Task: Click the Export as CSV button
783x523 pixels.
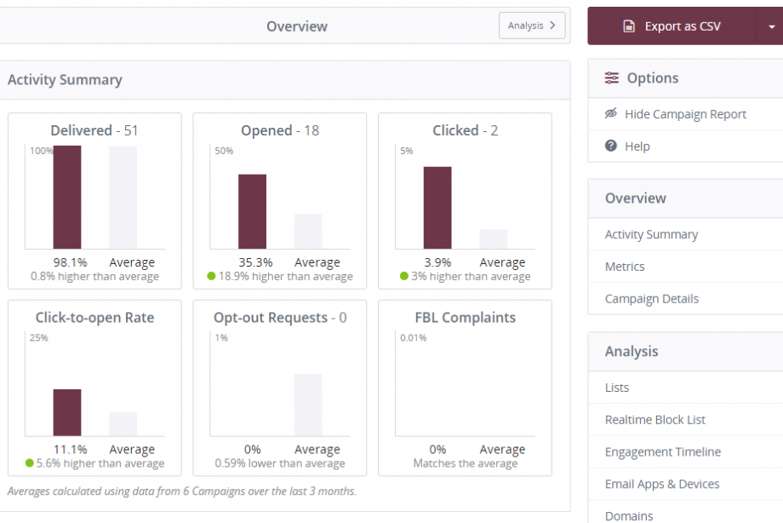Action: (x=672, y=26)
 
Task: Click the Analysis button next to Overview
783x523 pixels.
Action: (x=531, y=26)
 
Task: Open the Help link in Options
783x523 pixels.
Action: (x=637, y=147)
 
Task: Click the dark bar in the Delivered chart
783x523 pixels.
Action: (x=67, y=197)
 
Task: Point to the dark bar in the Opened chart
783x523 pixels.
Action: (x=252, y=211)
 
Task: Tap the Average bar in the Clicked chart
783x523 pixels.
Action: (x=493, y=239)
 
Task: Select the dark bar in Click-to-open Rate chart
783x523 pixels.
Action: (x=67, y=412)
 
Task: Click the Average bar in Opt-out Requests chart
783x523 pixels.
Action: (x=308, y=405)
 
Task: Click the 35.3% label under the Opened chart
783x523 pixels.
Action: (x=252, y=262)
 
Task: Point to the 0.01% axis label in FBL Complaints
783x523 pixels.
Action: (x=413, y=338)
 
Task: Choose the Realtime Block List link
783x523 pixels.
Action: (x=654, y=420)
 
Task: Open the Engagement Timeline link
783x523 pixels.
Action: (x=662, y=452)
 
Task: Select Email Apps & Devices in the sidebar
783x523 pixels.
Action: (x=661, y=484)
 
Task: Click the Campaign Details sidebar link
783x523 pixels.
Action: (x=651, y=299)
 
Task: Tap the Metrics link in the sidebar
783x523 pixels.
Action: (x=625, y=267)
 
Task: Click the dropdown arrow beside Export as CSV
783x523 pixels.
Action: (x=770, y=26)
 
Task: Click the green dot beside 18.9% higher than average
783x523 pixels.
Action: (x=211, y=276)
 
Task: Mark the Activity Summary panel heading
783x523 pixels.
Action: (x=65, y=80)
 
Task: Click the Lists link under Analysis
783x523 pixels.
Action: (x=617, y=388)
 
